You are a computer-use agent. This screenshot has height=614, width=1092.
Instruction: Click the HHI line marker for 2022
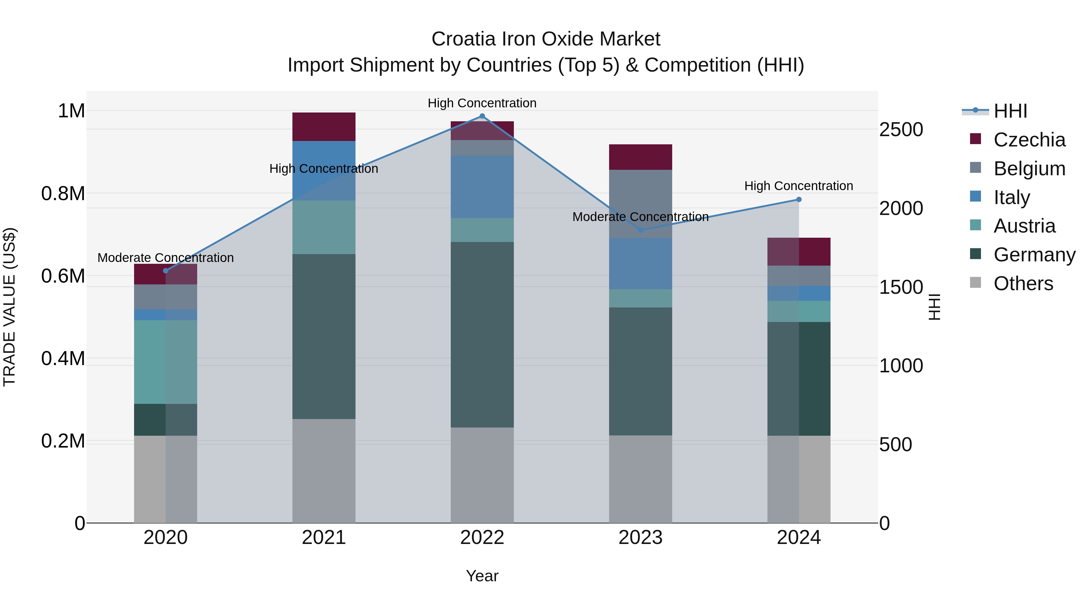point(482,116)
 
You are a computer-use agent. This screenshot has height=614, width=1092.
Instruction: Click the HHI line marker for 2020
point(166,271)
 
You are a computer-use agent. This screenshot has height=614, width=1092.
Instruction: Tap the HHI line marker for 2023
point(641,230)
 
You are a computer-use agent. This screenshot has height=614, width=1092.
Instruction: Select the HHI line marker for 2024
point(799,200)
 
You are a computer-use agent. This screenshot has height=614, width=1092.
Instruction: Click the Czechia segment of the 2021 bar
point(324,127)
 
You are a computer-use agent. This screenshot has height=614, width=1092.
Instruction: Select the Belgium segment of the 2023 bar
point(641,203)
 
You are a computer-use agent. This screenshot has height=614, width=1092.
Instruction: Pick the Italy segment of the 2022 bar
point(482,186)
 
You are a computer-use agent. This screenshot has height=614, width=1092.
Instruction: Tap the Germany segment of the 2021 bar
point(324,337)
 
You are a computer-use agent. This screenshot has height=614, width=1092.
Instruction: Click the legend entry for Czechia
point(1029,140)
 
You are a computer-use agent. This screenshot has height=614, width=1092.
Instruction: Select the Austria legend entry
point(1024,226)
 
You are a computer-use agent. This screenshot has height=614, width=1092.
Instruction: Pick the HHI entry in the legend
point(1010,111)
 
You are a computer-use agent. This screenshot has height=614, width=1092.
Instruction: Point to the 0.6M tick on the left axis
point(63,276)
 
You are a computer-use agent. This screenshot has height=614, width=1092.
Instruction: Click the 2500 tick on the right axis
point(901,130)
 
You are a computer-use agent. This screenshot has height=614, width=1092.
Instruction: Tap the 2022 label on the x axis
point(482,538)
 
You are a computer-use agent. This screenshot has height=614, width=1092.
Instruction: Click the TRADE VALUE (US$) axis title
point(9,307)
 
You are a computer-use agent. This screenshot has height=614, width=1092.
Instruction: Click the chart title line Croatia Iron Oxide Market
point(546,39)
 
